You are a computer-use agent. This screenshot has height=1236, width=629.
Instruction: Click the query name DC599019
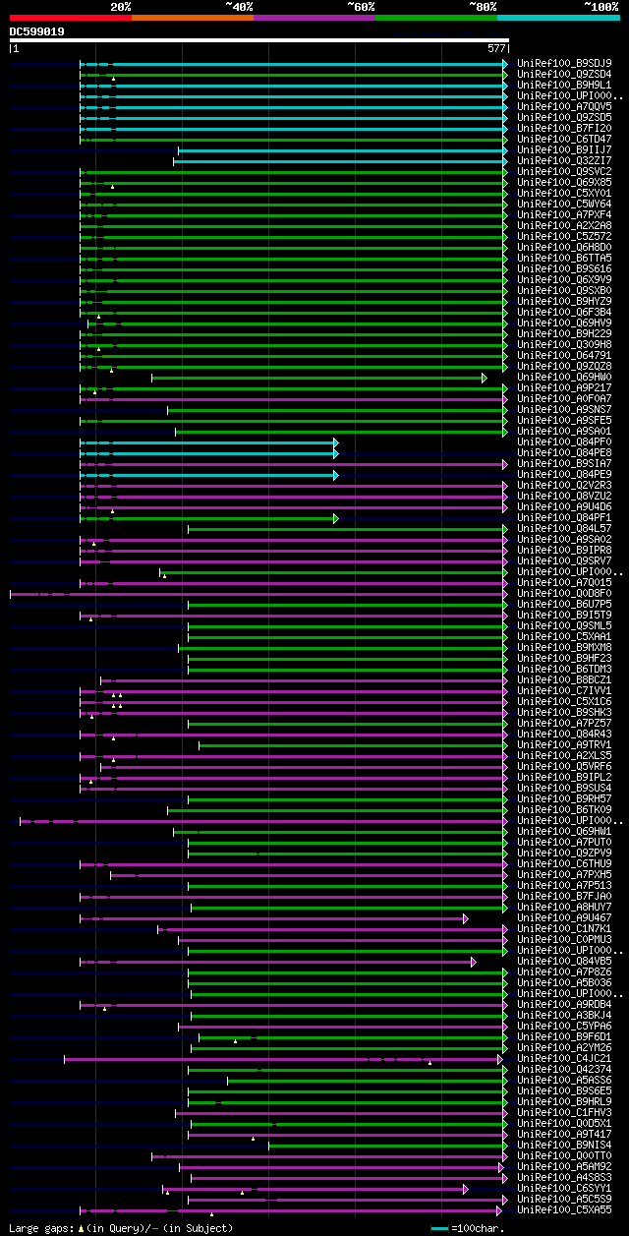click(37, 31)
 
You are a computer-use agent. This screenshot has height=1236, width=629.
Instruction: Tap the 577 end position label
click(495, 47)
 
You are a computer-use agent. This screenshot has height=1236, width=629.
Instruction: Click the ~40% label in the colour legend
click(239, 6)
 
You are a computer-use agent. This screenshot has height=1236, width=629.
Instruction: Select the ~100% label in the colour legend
click(601, 6)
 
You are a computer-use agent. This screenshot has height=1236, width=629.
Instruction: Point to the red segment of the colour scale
click(70, 18)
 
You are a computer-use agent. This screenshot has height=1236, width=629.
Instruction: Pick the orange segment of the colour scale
click(192, 18)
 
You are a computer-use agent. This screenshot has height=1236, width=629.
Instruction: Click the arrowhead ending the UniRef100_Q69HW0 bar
click(484, 378)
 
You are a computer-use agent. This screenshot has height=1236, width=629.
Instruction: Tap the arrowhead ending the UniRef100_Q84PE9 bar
click(335, 475)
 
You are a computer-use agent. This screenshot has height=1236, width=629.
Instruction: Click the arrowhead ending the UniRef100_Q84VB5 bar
click(473, 962)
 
